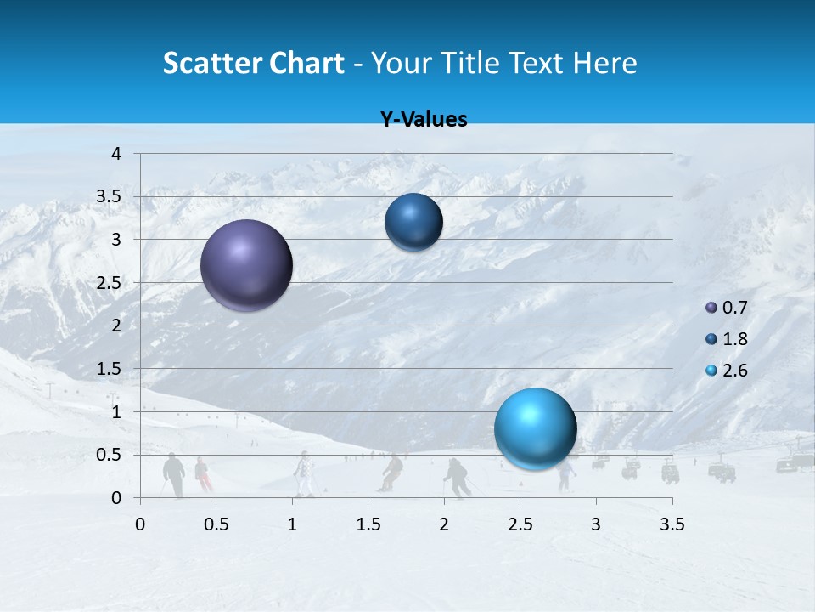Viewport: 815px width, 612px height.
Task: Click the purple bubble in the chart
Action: [x=246, y=265]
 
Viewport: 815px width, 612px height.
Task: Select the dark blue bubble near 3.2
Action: [x=413, y=223]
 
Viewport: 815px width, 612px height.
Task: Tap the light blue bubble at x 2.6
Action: [x=535, y=428]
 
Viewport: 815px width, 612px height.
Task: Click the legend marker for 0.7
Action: [x=711, y=308]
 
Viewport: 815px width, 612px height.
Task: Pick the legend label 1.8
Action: [x=734, y=339]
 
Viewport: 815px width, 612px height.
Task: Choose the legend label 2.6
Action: [x=734, y=371]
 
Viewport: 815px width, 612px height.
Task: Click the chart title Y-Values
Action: [x=424, y=120]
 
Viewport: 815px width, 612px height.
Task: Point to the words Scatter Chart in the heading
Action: [x=253, y=63]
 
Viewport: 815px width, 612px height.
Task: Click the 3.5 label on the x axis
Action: [x=672, y=524]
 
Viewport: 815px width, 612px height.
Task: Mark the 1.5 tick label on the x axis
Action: [x=368, y=524]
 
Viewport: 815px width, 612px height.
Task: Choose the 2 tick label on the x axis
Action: [x=444, y=524]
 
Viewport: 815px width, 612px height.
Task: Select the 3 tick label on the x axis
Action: [x=596, y=524]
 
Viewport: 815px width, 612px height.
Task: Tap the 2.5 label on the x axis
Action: [x=520, y=524]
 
